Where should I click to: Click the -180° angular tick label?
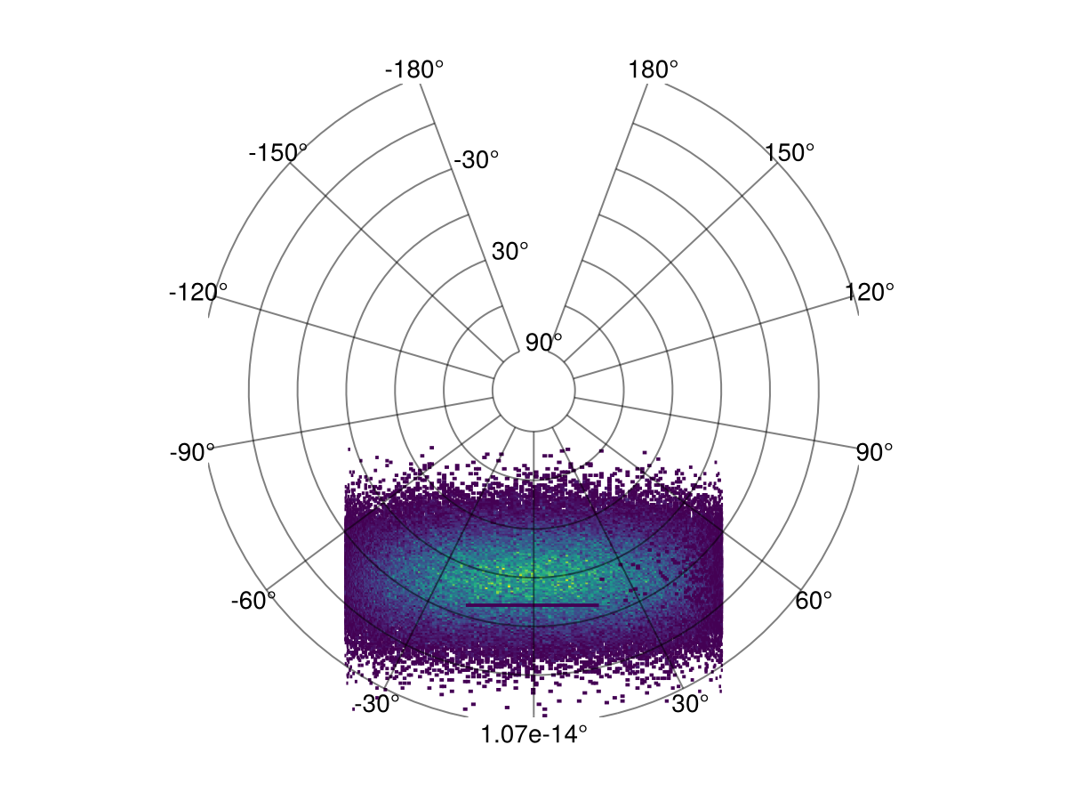[x=414, y=69]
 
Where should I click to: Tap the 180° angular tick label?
[x=653, y=69]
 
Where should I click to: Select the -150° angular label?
[x=277, y=153]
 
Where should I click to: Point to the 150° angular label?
[x=790, y=153]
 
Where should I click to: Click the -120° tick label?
[x=198, y=292]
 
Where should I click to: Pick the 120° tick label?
[x=869, y=292]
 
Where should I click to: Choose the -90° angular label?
[x=192, y=452]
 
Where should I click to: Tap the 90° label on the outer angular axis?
[x=874, y=452]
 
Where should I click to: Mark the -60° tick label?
[x=253, y=601]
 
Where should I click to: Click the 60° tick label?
[x=814, y=601]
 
